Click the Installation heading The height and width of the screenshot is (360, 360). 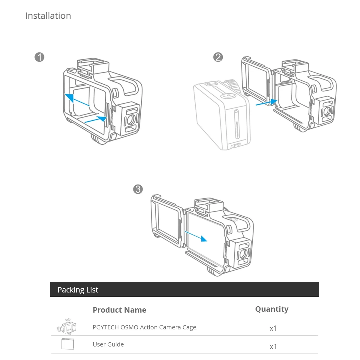pos(48,16)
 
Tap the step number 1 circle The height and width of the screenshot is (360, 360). pos(39,57)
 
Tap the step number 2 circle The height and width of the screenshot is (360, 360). pos(218,57)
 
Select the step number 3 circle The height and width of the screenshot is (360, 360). pos(138,189)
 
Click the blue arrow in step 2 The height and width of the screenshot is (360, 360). pos(266,103)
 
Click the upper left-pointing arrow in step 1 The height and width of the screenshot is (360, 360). pos(77,100)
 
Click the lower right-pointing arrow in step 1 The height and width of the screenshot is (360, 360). pos(96,119)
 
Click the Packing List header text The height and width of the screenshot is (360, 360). pos(78,290)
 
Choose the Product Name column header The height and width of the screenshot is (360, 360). pos(119,310)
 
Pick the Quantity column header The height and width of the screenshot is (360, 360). pos(271,309)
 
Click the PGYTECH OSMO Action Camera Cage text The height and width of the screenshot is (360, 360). pos(144,327)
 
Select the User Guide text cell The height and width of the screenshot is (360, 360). pos(108,344)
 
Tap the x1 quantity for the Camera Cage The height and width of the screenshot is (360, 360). pos(273,328)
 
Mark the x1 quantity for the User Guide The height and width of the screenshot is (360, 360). pos(273,347)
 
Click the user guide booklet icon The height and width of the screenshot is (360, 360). pos(67,344)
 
